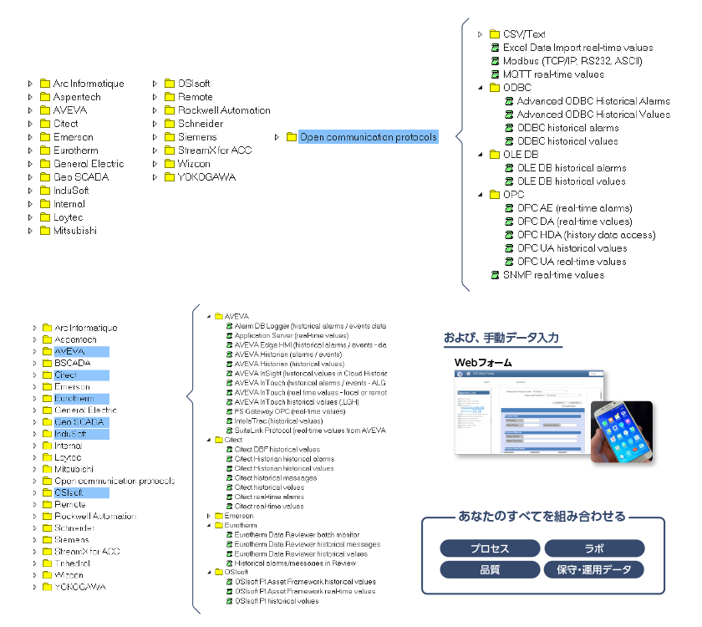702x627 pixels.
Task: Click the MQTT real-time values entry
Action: pos(553,74)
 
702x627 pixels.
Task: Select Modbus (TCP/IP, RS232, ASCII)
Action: pos(572,61)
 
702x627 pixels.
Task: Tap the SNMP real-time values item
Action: pos(553,275)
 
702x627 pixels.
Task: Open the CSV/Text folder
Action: pos(524,34)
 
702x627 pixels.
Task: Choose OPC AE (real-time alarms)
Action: pos(574,208)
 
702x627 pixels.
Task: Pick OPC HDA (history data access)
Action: pos(586,235)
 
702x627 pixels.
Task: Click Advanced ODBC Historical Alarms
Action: pos(593,101)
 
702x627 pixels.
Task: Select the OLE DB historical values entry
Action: pos(571,181)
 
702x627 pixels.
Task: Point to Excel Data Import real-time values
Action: pos(577,48)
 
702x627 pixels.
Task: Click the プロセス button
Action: pos(489,548)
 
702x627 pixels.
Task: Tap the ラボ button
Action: pos(594,548)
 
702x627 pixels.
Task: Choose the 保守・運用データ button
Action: pos(594,569)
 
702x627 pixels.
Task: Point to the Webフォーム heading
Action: pos(483,362)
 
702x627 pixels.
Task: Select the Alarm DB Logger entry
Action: pos(309,326)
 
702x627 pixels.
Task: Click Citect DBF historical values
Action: pos(277,450)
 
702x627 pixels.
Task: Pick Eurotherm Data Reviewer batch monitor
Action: pos(297,535)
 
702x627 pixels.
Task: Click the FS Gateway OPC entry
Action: pos(289,411)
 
